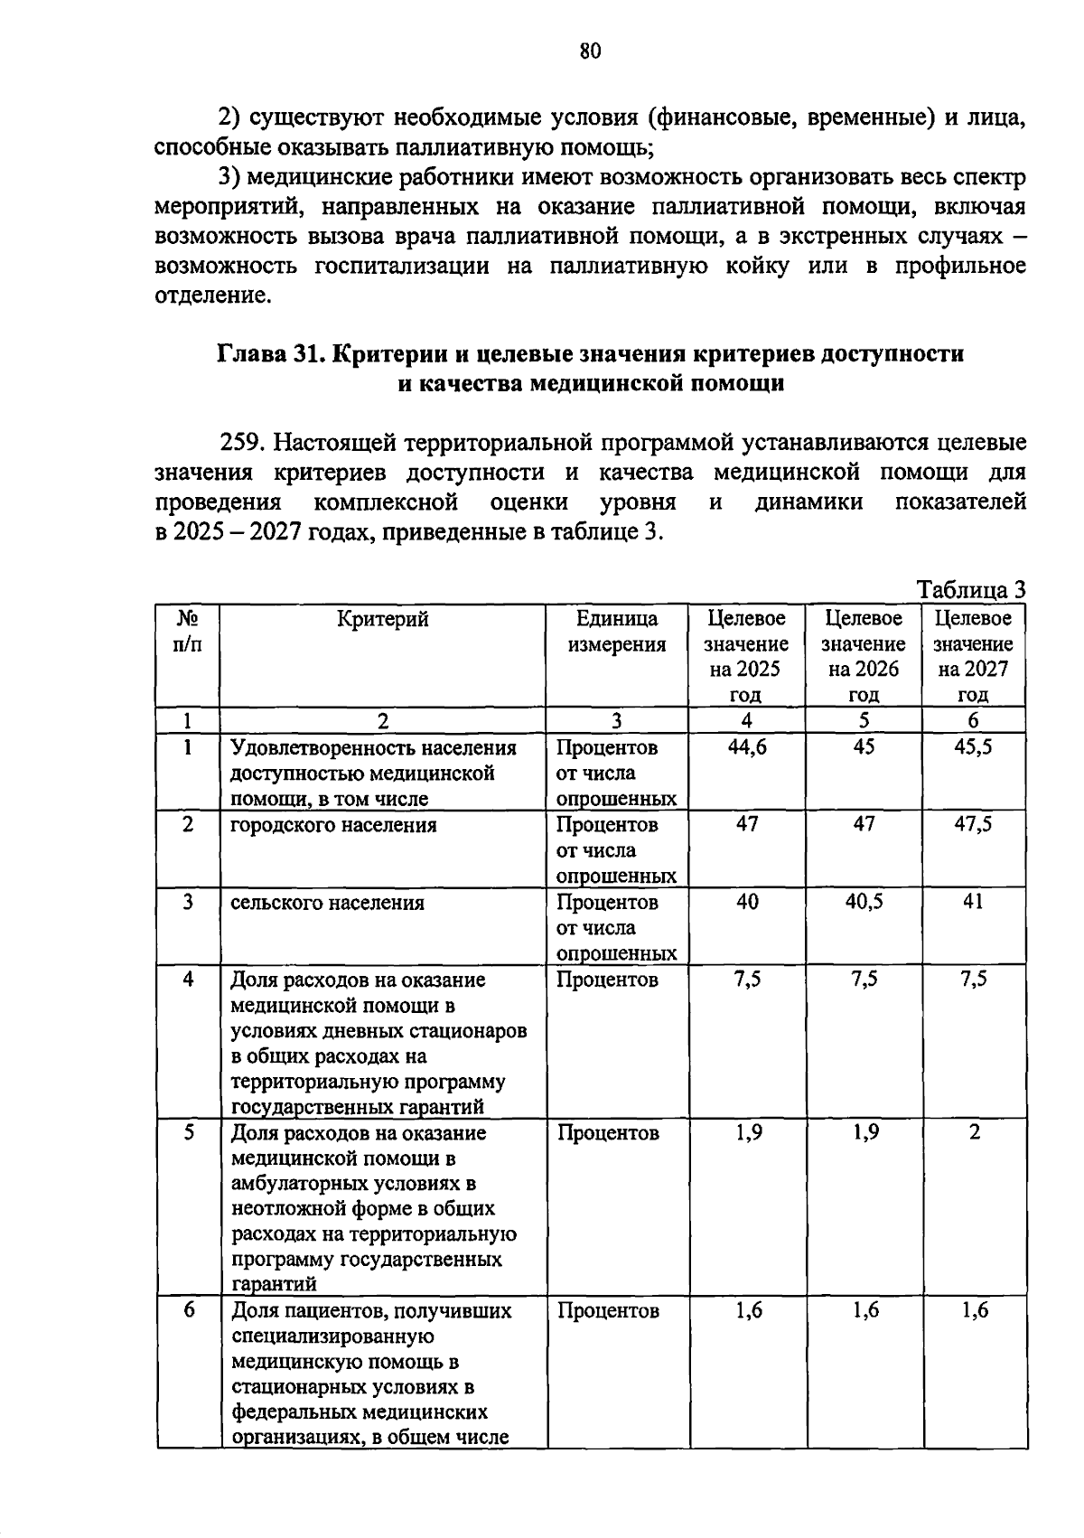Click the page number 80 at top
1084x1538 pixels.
click(590, 52)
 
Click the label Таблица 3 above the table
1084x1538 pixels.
click(971, 590)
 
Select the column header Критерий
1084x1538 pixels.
click(383, 619)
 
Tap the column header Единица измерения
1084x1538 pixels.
click(617, 632)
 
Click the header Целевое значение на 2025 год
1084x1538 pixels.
click(746, 656)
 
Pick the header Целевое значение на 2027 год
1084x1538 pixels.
click(973, 656)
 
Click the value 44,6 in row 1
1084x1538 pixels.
click(747, 747)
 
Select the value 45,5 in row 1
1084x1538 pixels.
click(973, 747)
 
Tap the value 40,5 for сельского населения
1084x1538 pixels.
click(864, 902)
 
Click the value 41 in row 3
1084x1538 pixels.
click(973, 902)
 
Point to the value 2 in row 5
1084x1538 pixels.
click(974, 1132)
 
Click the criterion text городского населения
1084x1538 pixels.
click(333, 825)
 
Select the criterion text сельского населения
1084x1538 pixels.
click(327, 903)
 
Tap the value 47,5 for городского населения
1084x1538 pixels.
click(973, 824)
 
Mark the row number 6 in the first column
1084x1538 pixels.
click(188, 1309)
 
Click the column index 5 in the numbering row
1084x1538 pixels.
click(864, 720)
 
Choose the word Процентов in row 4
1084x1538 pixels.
click(607, 980)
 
